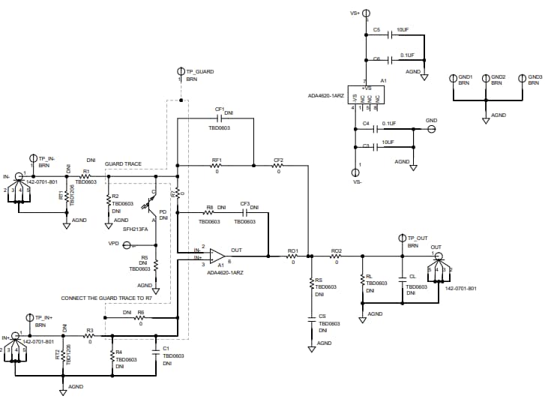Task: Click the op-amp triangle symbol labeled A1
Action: pos(220,256)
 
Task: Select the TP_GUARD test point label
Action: pos(199,71)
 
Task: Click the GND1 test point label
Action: pos(466,76)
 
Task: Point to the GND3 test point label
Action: pos(535,76)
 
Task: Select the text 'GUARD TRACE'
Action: pos(123,163)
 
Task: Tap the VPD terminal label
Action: pos(113,244)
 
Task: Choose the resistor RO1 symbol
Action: pos(293,256)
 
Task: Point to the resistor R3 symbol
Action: pos(89,336)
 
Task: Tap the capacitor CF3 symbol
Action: pos(244,211)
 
